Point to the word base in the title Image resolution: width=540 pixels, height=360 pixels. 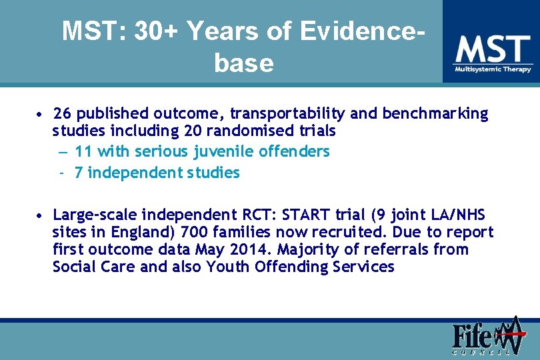(244, 63)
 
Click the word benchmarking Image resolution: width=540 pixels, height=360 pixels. (435, 114)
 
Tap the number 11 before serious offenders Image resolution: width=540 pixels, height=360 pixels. (84, 151)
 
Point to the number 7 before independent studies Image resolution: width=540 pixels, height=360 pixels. (79, 173)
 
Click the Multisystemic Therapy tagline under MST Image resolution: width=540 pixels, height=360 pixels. (493, 69)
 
